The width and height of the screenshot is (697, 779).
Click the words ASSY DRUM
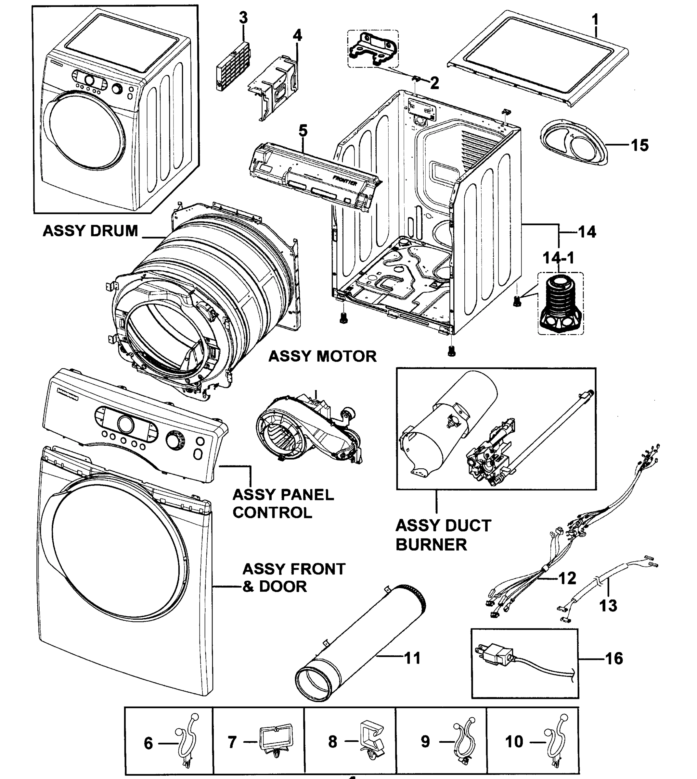[90, 231]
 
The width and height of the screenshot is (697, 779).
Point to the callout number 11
[412, 659]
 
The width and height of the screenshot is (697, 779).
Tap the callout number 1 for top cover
[595, 19]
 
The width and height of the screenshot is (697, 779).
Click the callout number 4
[297, 36]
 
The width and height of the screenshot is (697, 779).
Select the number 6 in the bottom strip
[148, 743]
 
